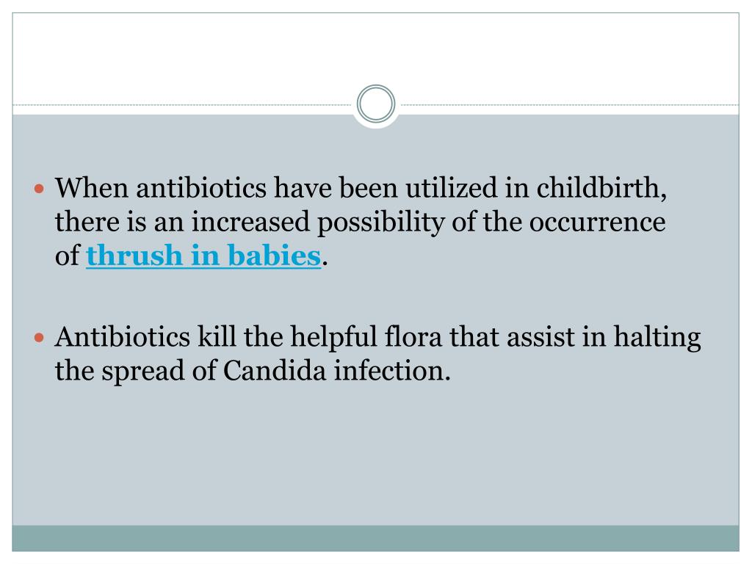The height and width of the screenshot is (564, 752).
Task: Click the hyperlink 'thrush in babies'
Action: click(203, 256)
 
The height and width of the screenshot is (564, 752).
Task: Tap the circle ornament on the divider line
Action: click(376, 104)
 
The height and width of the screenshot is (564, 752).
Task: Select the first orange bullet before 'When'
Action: click(40, 189)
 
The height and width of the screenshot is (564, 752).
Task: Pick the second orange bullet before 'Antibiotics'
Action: click(40, 339)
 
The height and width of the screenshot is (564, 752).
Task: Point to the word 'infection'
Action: click(390, 371)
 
